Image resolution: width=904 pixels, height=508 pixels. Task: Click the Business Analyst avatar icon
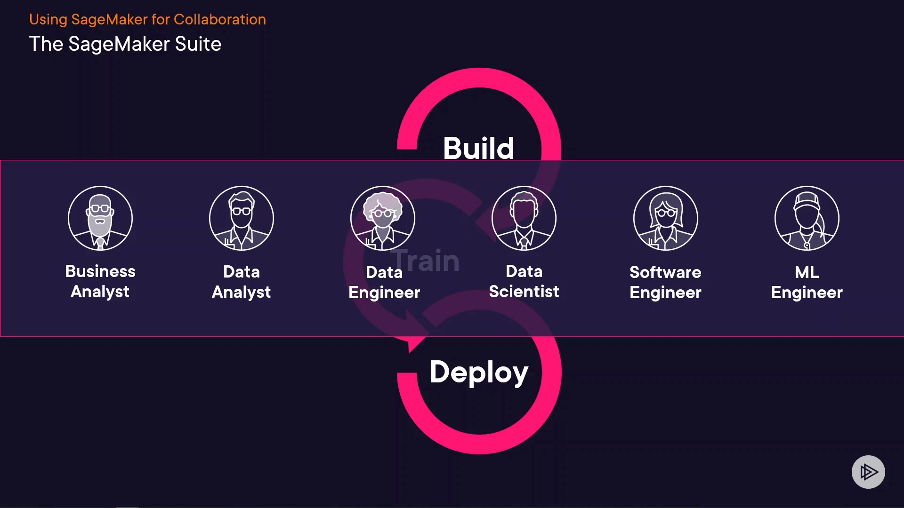tap(100, 218)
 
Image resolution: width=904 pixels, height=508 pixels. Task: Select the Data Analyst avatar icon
tap(242, 218)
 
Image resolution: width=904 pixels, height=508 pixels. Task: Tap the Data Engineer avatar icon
tap(383, 218)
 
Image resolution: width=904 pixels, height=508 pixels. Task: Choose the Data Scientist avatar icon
tap(524, 218)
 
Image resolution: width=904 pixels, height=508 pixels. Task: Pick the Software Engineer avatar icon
tap(666, 218)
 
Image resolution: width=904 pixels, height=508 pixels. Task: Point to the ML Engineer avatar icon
tap(807, 218)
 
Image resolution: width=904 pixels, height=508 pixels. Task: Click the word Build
tap(478, 148)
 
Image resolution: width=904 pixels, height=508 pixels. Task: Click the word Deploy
tap(479, 373)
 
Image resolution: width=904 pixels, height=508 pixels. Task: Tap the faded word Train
tap(426, 261)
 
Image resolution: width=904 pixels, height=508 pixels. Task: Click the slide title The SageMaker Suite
tap(125, 44)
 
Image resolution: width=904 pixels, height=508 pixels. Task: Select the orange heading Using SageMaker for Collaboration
tap(147, 19)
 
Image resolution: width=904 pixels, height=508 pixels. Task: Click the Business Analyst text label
tap(100, 281)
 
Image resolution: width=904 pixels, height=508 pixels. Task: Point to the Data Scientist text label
tap(524, 281)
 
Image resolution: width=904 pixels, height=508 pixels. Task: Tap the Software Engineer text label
tap(665, 282)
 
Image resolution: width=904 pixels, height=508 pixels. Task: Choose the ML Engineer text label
tap(807, 282)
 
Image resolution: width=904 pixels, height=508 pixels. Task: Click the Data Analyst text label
tap(242, 282)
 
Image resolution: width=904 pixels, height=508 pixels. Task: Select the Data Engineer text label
tap(384, 282)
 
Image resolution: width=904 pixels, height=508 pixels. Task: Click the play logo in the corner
tap(868, 472)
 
